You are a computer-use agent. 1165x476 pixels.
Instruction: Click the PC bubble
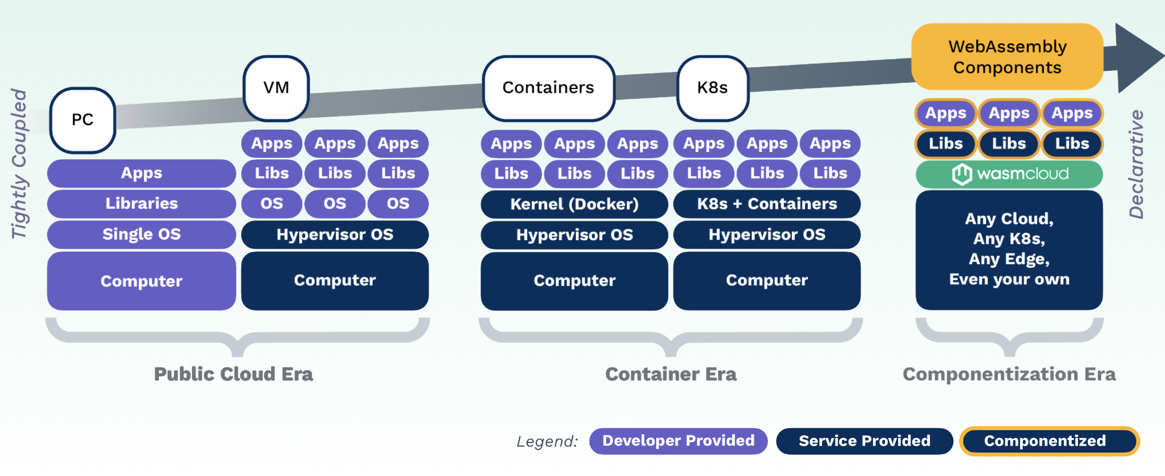coord(82,120)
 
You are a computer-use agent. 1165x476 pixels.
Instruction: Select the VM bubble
coord(276,87)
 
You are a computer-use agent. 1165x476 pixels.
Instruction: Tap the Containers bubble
coord(548,87)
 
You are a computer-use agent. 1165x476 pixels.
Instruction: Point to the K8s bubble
coord(712,87)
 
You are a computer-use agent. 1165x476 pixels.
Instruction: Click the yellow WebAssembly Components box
coord(1007,56)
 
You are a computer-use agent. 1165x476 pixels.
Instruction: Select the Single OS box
coord(141,234)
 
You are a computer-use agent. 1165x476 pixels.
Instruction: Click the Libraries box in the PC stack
coord(141,204)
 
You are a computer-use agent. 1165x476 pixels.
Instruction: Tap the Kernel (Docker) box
coord(574,204)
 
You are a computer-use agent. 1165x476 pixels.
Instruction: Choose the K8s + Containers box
coord(767,204)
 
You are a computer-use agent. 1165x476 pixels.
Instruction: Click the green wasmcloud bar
coord(1009,174)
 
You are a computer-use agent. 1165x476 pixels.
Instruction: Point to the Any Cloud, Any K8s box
coord(1009,249)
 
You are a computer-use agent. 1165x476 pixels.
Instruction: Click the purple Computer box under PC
coord(141,281)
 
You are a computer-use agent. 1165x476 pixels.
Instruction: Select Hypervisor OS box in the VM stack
coord(335,235)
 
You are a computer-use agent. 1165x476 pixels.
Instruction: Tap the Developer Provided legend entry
coord(678,441)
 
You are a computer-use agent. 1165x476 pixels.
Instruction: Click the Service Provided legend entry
coord(864,441)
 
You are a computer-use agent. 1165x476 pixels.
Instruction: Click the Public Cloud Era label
coord(233,374)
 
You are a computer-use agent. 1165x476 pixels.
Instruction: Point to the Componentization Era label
coord(1009,374)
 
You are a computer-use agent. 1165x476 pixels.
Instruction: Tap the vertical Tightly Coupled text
coord(19,164)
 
